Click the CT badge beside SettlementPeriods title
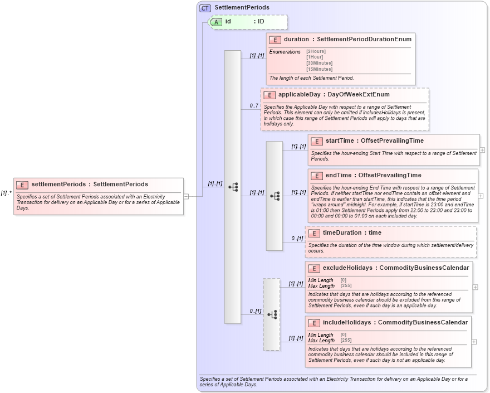(x=205, y=7)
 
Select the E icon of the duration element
(x=275, y=40)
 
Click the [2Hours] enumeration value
(x=316, y=51)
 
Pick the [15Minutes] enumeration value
(x=319, y=69)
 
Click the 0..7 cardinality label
(x=253, y=106)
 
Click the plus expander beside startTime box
(x=482, y=150)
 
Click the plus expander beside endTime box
(x=482, y=196)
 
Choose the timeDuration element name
(x=342, y=232)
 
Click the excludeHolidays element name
(x=347, y=268)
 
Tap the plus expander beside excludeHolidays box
(x=475, y=287)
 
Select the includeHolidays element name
(x=347, y=322)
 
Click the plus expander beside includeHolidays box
(x=474, y=341)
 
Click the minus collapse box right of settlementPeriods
(x=186, y=196)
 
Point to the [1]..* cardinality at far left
(x=6, y=193)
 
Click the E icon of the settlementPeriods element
(x=23, y=185)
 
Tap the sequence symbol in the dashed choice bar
(x=272, y=314)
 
